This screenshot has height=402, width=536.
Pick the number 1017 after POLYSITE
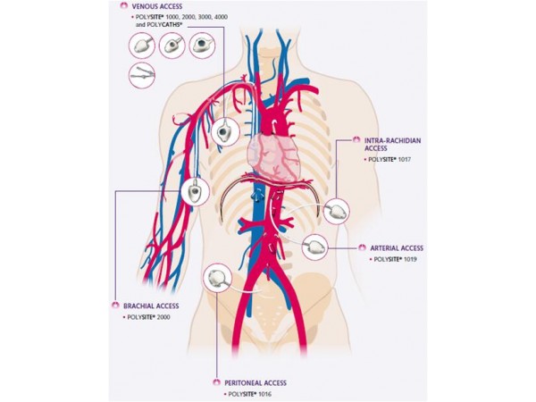418,158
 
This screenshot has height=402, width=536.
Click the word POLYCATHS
167,27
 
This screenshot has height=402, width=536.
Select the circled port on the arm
195,190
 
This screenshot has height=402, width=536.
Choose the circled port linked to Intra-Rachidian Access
336,212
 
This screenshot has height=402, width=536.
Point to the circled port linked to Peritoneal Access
218,277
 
